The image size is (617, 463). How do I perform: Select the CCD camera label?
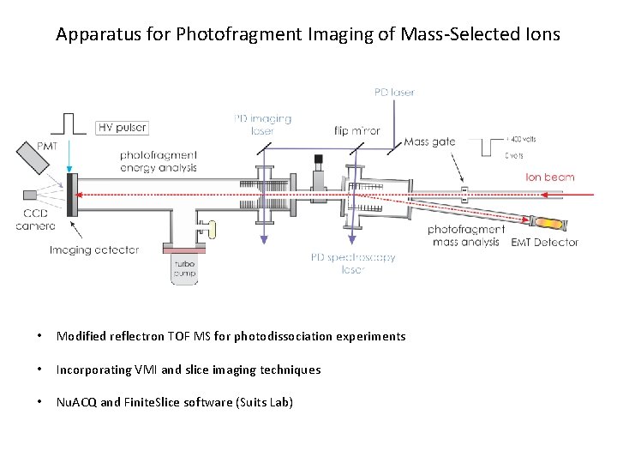(35, 219)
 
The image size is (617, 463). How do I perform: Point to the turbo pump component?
(184, 269)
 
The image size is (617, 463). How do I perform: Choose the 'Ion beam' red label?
(549, 177)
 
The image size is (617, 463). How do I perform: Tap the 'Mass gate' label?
(428, 141)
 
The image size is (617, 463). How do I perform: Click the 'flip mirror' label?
(357, 131)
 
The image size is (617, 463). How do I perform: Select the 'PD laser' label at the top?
(393, 92)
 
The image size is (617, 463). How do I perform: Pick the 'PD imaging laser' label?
(262, 125)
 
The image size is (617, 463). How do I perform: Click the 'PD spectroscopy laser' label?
(353, 262)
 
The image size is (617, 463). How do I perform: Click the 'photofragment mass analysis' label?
(466, 236)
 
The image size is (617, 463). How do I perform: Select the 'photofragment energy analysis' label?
(159, 160)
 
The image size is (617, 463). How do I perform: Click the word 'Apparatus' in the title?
(93, 35)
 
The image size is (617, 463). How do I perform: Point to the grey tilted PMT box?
(37, 159)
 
